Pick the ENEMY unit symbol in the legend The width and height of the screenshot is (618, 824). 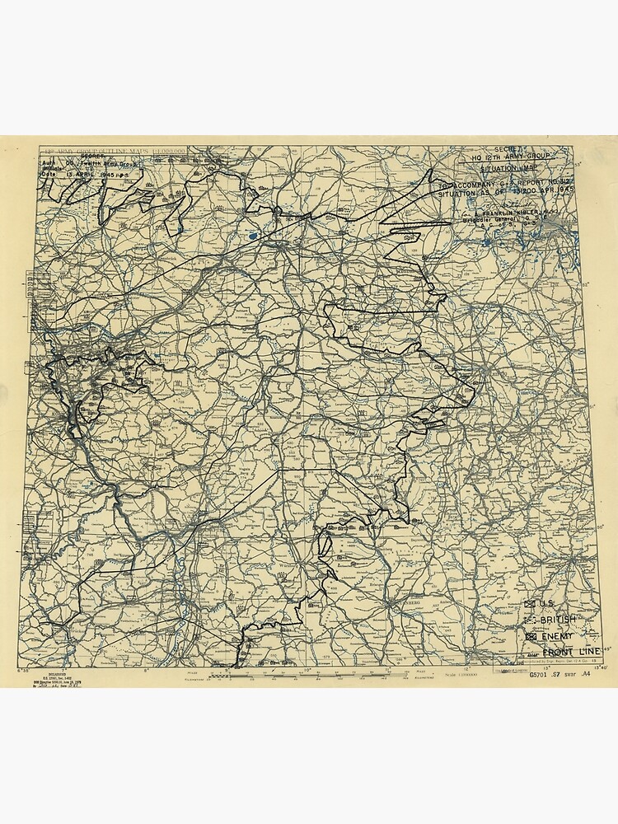coord(531,636)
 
